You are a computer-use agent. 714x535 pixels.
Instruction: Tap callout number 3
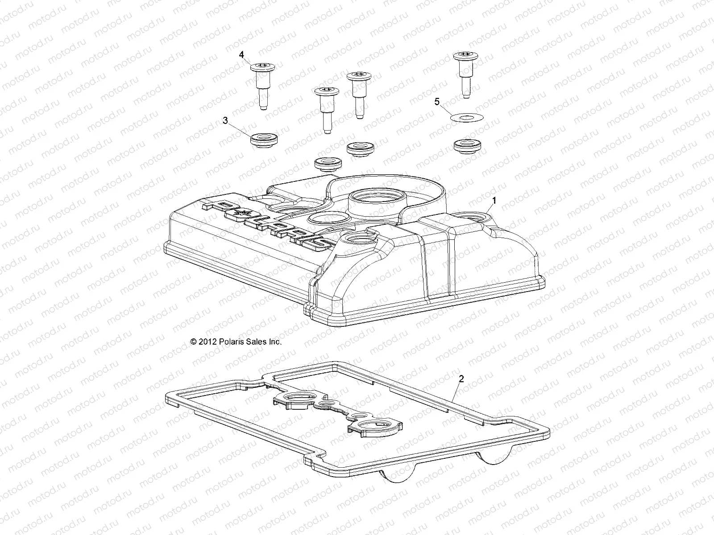click(225, 121)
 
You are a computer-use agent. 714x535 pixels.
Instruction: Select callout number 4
click(241, 55)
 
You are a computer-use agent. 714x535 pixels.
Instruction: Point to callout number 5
click(437, 102)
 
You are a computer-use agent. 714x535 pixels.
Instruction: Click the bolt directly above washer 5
click(465, 74)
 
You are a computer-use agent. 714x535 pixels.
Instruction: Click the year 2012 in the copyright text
click(208, 342)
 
